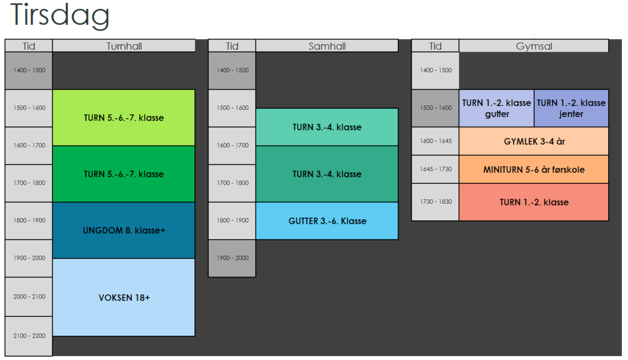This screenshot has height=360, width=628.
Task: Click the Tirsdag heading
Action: pyautogui.click(x=59, y=15)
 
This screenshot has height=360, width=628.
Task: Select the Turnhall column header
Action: pyautogui.click(x=124, y=46)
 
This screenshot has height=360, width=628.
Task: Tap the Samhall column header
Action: pyautogui.click(x=327, y=46)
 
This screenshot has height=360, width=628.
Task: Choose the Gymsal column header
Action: pyautogui.click(x=534, y=46)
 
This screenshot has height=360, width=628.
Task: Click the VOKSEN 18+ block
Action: pyautogui.click(x=124, y=298)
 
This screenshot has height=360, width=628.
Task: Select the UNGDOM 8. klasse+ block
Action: pyautogui.click(x=124, y=230)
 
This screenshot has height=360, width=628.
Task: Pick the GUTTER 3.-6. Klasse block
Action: pyautogui.click(x=327, y=221)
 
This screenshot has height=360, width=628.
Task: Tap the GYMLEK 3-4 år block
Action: pyautogui.click(x=534, y=141)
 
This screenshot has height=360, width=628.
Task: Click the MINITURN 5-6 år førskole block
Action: pyautogui.click(x=534, y=170)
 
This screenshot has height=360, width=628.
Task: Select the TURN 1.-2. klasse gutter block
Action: pyautogui.click(x=496, y=108)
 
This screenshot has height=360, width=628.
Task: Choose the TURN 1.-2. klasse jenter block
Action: pyautogui.click(x=571, y=108)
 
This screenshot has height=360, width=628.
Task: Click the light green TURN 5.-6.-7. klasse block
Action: pyautogui.click(x=124, y=118)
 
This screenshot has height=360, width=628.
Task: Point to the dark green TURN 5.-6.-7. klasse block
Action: pyautogui.click(x=124, y=174)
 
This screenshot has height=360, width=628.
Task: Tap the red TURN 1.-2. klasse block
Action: pyautogui.click(x=534, y=202)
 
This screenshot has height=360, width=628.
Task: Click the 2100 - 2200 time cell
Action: pyautogui.click(x=29, y=336)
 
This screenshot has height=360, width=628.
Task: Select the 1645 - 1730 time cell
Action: pyautogui.click(x=435, y=170)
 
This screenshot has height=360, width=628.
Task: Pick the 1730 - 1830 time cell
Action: pyautogui.click(x=435, y=202)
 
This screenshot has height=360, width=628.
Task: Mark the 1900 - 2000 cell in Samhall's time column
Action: pyautogui.click(x=232, y=258)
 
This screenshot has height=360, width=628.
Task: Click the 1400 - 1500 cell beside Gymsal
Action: pyautogui.click(x=435, y=71)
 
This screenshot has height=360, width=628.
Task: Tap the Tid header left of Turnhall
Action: pyautogui.click(x=29, y=46)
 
